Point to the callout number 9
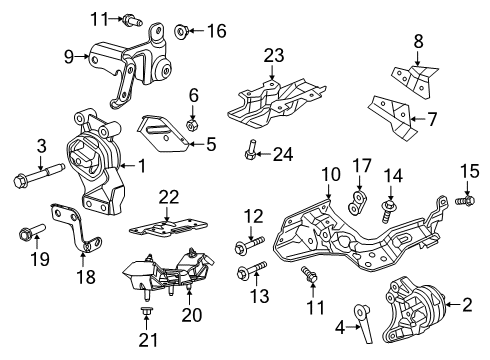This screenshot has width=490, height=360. pyautogui.click(x=69, y=56)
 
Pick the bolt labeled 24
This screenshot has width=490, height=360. pyautogui.click(x=252, y=153)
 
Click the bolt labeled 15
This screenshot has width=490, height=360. pyautogui.click(x=464, y=201)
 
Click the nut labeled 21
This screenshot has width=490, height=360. pyautogui.click(x=145, y=317)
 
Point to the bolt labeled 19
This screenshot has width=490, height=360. pyautogui.click(x=27, y=236)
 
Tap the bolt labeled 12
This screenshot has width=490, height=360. pyautogui.click(x=250, y=246)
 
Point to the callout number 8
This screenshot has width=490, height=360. pyautogui.click(x=417, y=41)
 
